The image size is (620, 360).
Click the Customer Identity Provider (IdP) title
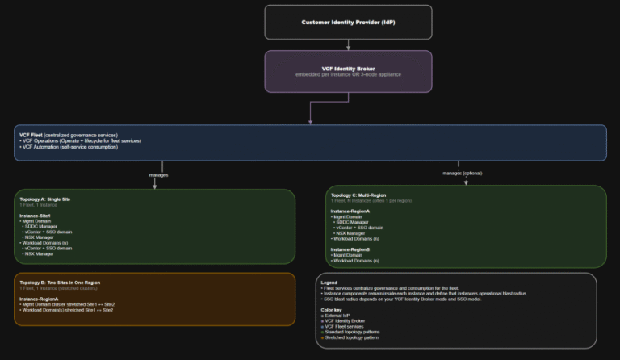pos(348,23)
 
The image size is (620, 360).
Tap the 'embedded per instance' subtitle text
pos(348,74)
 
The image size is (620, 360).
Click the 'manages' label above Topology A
pos(159,174)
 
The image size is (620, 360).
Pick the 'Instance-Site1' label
pos(36,216)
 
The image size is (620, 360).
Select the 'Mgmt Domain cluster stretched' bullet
pos(69,304)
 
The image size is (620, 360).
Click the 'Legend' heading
pos(329,283)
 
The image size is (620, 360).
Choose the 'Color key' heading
pos(332,309)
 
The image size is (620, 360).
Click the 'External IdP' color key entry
pos(340,316)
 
